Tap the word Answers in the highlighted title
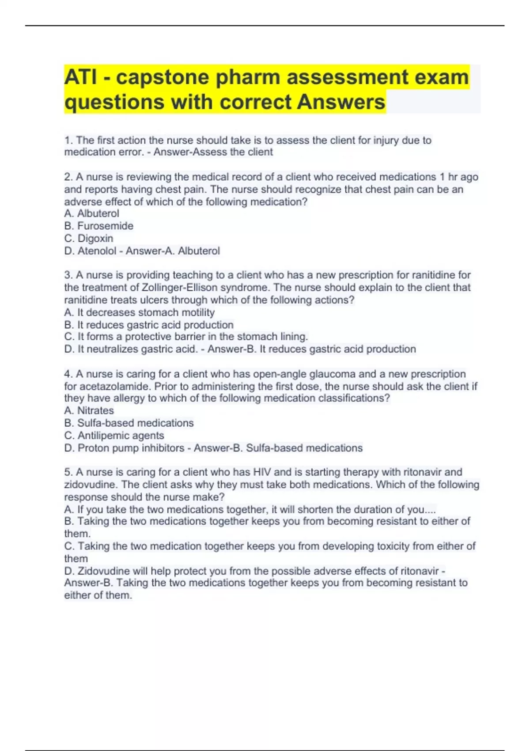tap(341, 102)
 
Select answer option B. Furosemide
tap(98, 226)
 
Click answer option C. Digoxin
tap(89, 238)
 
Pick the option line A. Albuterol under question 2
tap(92, 213)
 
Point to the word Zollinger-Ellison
tap(179, 288)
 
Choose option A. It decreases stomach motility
tap(140, 312)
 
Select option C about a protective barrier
tap(186, 337)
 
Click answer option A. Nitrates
tap(89, 410)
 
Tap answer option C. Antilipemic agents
tap(114, 435)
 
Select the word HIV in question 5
tap(261, 472)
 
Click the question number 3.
tap(68, 275)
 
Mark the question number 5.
tap(68, 472)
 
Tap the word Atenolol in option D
tap(97, 251)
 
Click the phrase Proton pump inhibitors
tap(131, 448)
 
